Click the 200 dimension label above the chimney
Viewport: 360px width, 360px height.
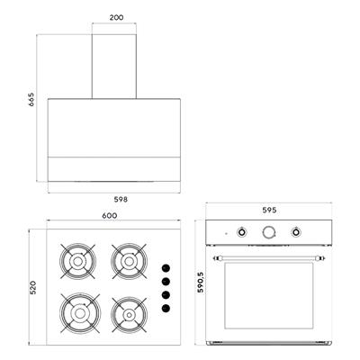coord(117,17)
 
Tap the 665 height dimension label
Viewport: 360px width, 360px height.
coord(31,98)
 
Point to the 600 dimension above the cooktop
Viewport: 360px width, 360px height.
coord(109,215)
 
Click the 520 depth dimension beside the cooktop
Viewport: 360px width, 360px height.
coord(31,288)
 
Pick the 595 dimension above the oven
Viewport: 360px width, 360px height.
coord(270,211)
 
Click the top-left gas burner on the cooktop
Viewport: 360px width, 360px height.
coord(76,261)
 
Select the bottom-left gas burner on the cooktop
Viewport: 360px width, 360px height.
coord(76,312)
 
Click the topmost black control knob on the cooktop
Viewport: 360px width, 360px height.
coord(166,267)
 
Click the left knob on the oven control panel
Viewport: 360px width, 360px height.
coord(242,232)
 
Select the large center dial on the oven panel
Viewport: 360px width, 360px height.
coord(268,232)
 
